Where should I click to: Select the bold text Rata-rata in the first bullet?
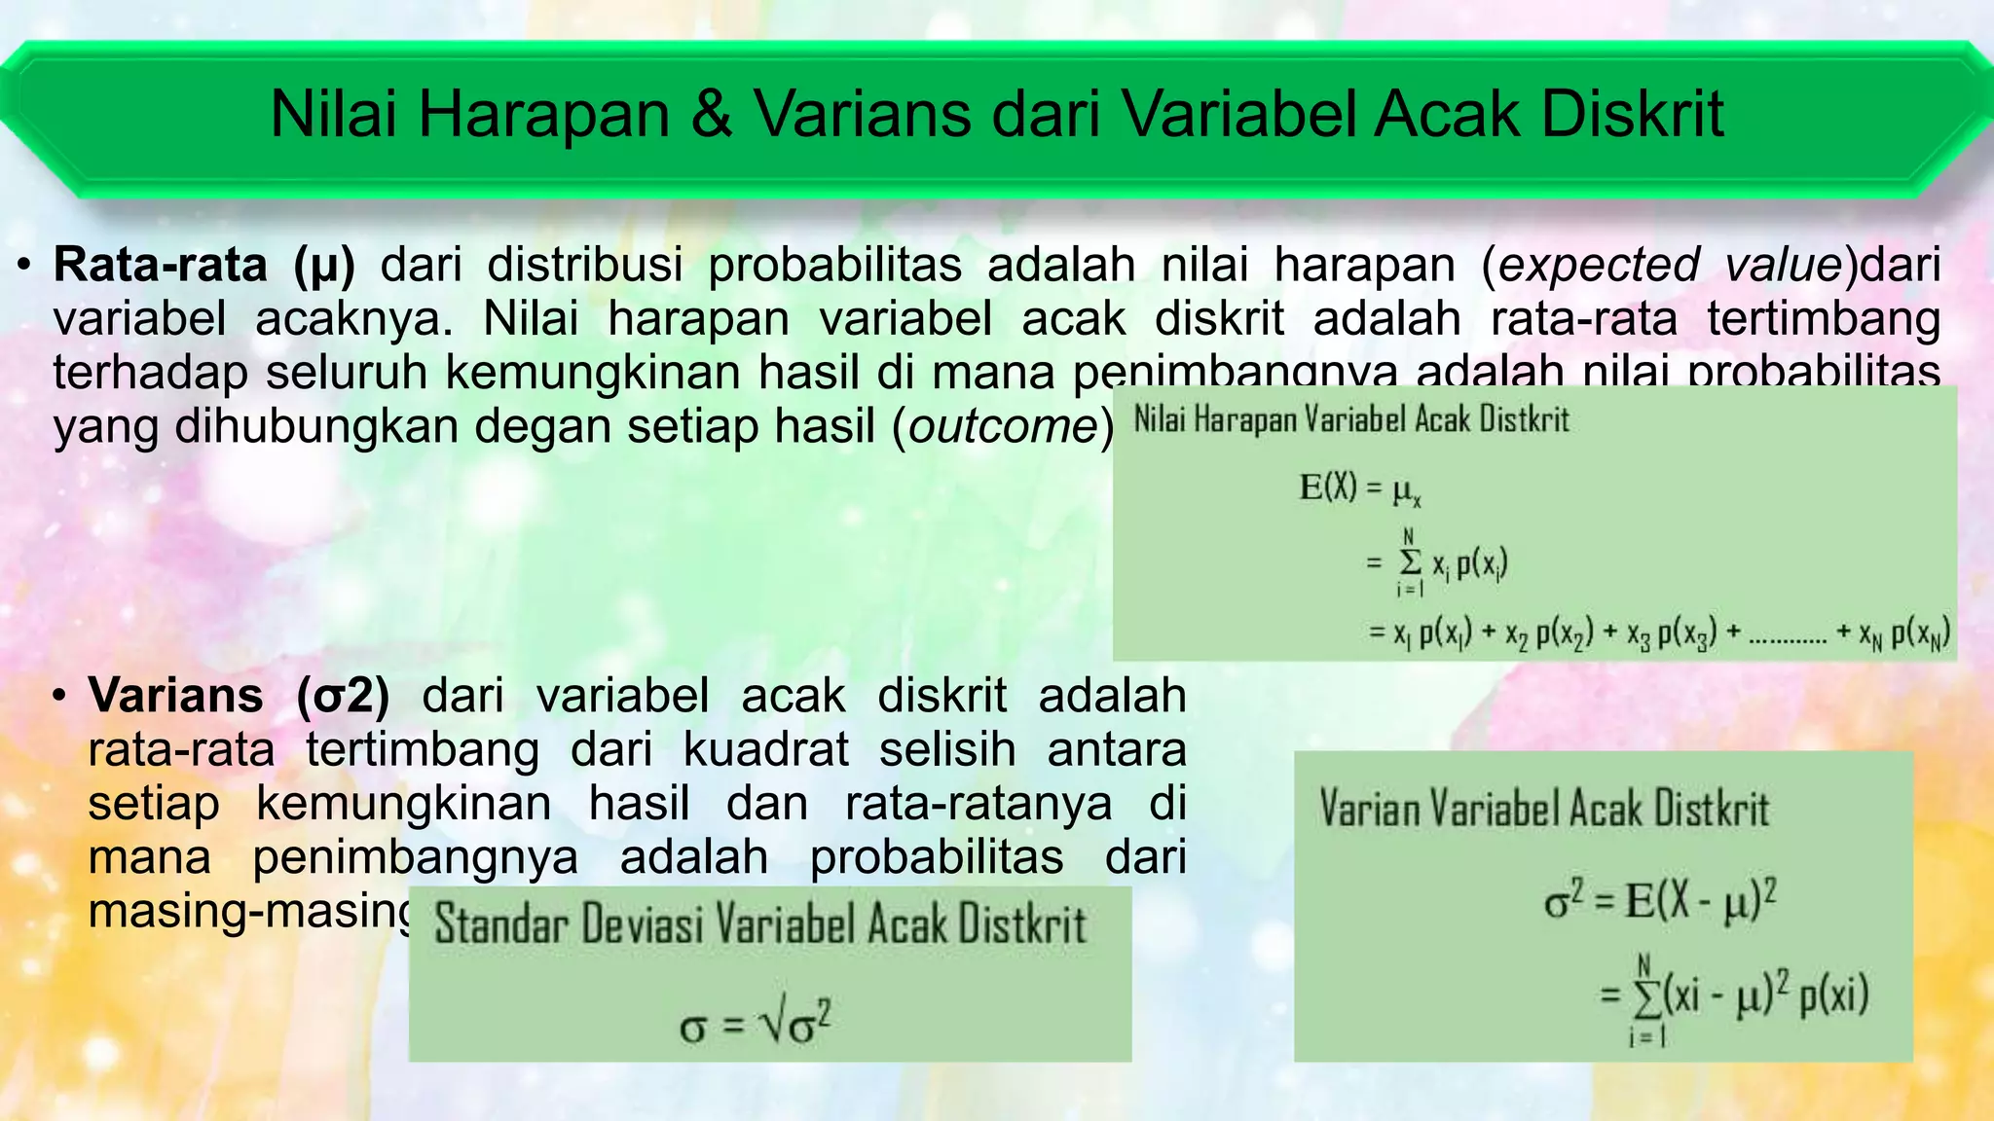160,265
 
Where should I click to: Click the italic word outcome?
1003,427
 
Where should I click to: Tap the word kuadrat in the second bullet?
765,750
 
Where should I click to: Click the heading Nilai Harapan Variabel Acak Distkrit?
1351,420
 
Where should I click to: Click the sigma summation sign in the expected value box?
1409,562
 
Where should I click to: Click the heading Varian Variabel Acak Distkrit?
1544,810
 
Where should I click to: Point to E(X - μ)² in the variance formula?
1700,901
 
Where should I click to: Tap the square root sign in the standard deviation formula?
773,1025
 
